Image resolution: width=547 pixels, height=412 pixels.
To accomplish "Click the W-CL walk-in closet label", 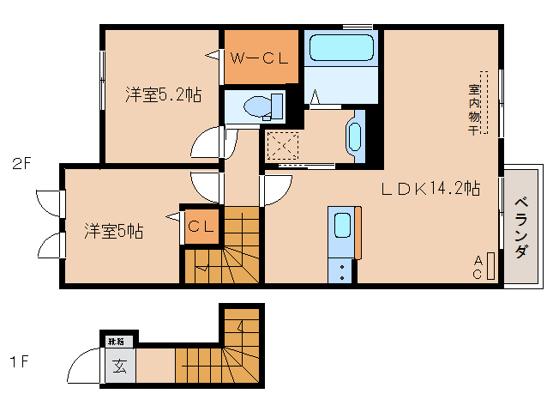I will click(260, 58).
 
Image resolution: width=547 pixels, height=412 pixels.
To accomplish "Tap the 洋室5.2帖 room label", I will click(163, 95).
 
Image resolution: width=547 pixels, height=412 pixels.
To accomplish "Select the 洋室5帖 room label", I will click(113, 231).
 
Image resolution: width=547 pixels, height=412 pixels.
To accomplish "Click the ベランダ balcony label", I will click(521, 227).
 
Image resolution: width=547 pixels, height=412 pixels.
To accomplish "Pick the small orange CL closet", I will click(201, 227).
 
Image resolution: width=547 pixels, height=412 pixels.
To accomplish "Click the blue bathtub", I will click(340, 51).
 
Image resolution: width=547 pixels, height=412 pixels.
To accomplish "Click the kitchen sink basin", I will click(341, 225).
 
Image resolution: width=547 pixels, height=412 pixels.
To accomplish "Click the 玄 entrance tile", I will click(119, 367).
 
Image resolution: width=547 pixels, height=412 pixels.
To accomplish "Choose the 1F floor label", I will click(20, 361).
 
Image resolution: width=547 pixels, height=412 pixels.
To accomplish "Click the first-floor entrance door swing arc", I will click(83, 366).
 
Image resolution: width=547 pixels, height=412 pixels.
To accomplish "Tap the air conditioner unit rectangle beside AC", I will click(490, 265).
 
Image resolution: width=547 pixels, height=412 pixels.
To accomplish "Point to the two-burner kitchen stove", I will click(341, 271).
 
